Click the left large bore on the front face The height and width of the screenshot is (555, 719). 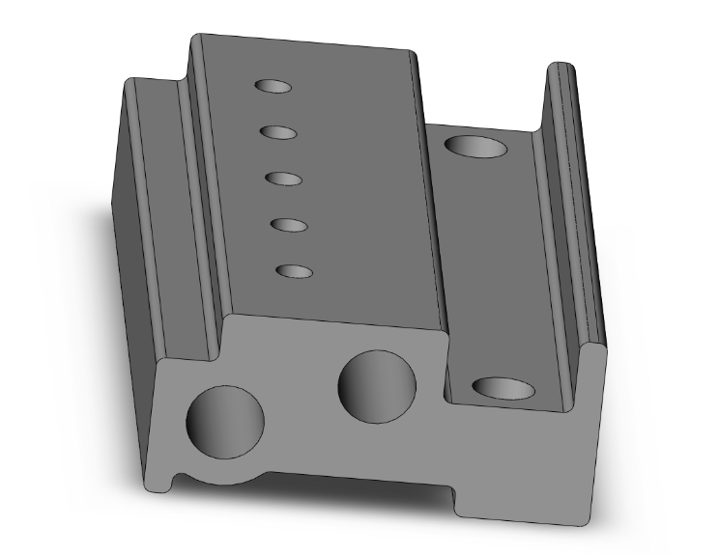coord(224,422)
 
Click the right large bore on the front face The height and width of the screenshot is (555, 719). coord(377,385)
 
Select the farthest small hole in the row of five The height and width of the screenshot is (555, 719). coord(273,86)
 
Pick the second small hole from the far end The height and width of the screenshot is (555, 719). coord(277,131)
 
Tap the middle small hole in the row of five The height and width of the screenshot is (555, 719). coord(283,179)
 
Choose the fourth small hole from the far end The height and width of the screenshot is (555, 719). coord(289,225)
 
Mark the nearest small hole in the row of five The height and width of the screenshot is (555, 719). coord(294,271)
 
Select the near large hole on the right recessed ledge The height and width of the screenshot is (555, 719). coord(503,389)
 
